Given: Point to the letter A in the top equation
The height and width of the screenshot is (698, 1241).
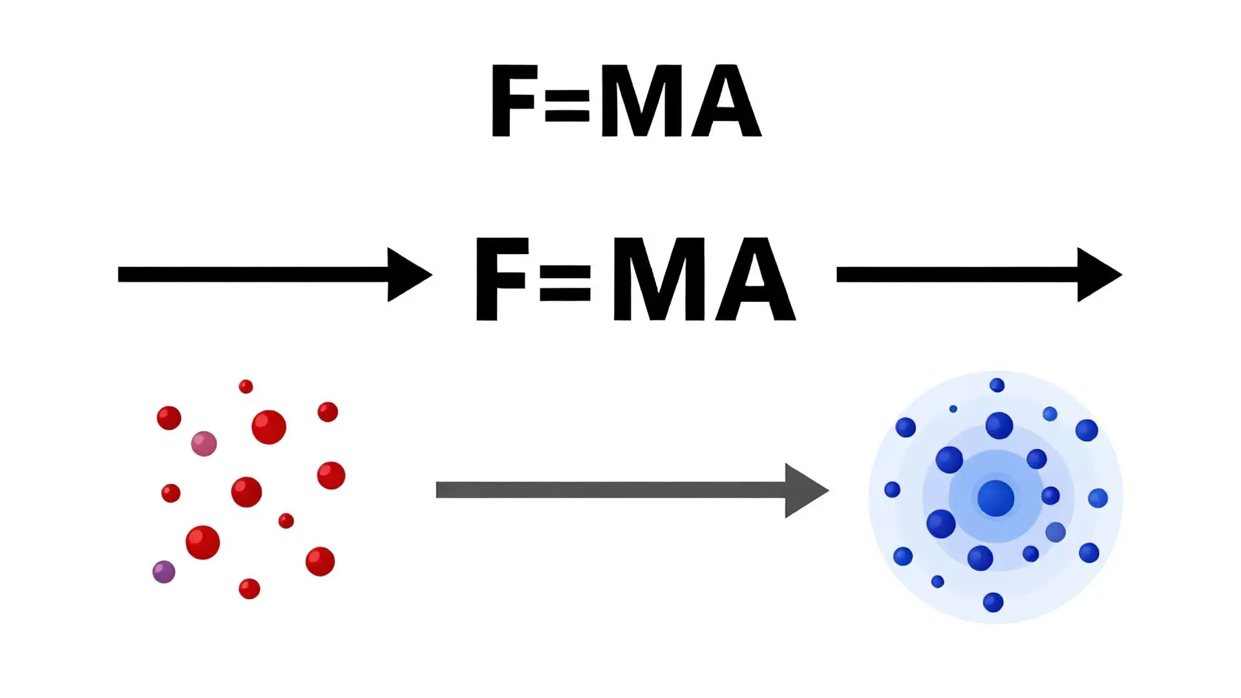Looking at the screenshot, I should click(726, 101).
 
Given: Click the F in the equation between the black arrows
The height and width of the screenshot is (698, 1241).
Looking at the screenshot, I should click(499, 279).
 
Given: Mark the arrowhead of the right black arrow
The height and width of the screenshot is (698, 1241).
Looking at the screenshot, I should click(1097, 275).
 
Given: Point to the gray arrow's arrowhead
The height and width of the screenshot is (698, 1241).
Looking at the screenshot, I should click(804, 491).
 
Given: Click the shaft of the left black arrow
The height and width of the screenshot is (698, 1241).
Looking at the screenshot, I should click(252, 275).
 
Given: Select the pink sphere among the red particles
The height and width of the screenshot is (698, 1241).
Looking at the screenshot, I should click(204, 444).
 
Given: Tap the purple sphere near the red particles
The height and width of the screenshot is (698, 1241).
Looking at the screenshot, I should click(164, 572).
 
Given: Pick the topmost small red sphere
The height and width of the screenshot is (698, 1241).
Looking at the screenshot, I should click(246, 386).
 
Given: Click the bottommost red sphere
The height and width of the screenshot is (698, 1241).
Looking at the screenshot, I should click(249, 589).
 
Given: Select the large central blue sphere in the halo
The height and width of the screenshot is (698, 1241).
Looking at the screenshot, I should click(995, 498).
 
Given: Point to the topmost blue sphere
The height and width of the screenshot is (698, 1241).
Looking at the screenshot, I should click(997, 385).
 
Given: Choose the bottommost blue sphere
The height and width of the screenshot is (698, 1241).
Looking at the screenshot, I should click(993, 602).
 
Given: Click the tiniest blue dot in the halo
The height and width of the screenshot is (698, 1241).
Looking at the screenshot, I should click(953, 409).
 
